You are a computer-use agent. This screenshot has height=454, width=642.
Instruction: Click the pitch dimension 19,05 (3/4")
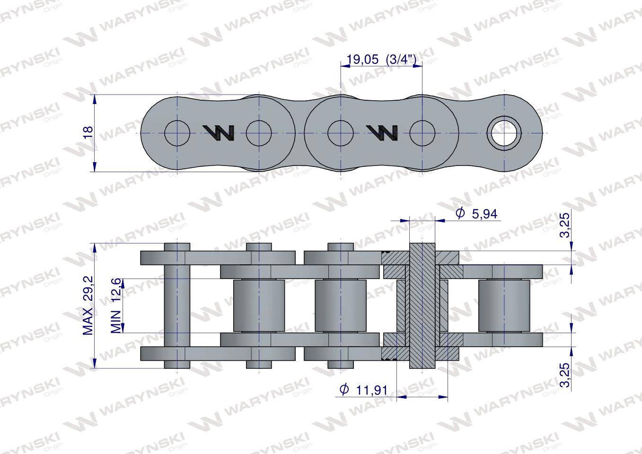pos(381,59)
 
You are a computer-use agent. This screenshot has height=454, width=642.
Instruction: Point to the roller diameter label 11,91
pos(371,390)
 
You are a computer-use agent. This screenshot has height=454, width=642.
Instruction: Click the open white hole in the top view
pos(504,133)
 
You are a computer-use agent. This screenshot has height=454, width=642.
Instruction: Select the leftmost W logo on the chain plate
pos(218,133)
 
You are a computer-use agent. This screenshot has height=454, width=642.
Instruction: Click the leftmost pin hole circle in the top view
pos(177,133)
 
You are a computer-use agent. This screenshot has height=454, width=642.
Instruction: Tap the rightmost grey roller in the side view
pos(504,306)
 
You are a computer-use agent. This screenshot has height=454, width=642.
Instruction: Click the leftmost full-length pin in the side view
pos(177,306)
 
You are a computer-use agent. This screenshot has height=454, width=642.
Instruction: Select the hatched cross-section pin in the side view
pos(422,306)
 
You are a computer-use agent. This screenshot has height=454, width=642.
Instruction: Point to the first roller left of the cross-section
pos(340,306)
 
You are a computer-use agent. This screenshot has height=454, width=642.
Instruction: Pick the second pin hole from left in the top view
pos(259,133)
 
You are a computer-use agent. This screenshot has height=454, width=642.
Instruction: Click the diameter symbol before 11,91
pos(344,390)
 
